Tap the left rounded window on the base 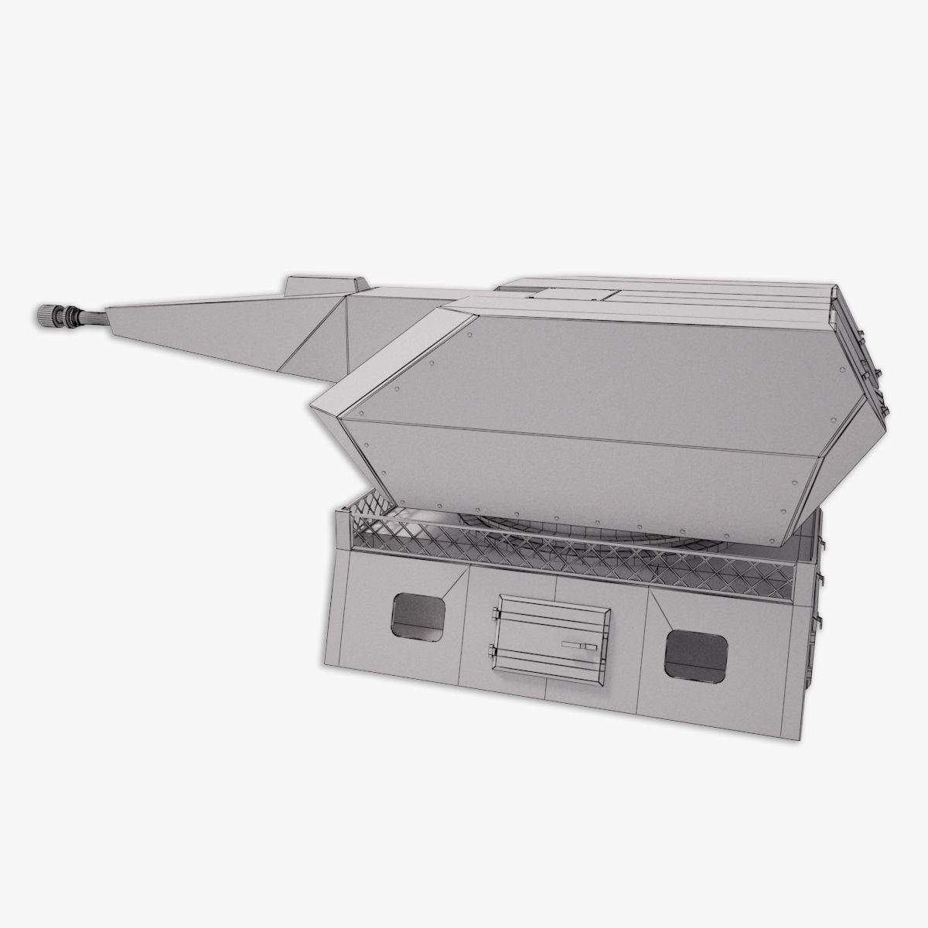[418, 617]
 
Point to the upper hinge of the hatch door [493, 614]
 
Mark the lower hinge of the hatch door [492, 651]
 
